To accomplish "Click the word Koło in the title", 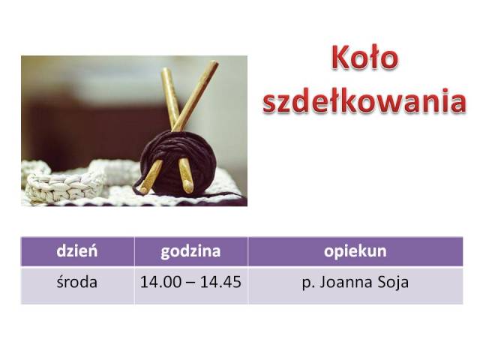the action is pyautogui.click(x=365, y=57).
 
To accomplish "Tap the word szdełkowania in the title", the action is pyautogui.click(x=364, y=100).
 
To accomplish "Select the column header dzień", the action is pyautogui.click(x=77, y=251).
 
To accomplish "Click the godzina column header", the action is pyautogui.click(x=190, y=252).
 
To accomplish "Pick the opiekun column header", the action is pyautogui.click(x=355, y=252).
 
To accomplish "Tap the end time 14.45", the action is pyautogui.click(x=220, y=282).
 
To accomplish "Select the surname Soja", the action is pyautogui.click(x=393, y=283).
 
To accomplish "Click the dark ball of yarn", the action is pyautogui.click(x=178, y=163).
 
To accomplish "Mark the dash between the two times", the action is pyautogui.click(x=190, y=283).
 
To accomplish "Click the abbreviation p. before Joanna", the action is pyautogui.click(x=307, y=283).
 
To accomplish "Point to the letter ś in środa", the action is pyautogui.click(x=60, y=281).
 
